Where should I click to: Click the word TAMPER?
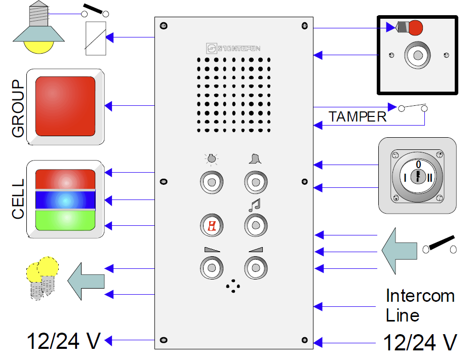(357, 117)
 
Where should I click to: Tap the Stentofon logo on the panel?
(233, 49)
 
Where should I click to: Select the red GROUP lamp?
(65, 106)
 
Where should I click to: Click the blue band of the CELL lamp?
(65, 200)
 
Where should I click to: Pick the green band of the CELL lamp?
(65, 220)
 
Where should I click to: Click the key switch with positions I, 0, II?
(418, 176)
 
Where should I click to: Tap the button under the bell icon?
(255, 182)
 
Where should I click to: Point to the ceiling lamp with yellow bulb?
(38, 30)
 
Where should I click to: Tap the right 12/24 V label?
(420, 342)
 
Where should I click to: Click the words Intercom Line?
(419, 305)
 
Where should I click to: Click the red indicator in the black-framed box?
(415, 28)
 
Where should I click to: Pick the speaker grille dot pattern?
(233, 95)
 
